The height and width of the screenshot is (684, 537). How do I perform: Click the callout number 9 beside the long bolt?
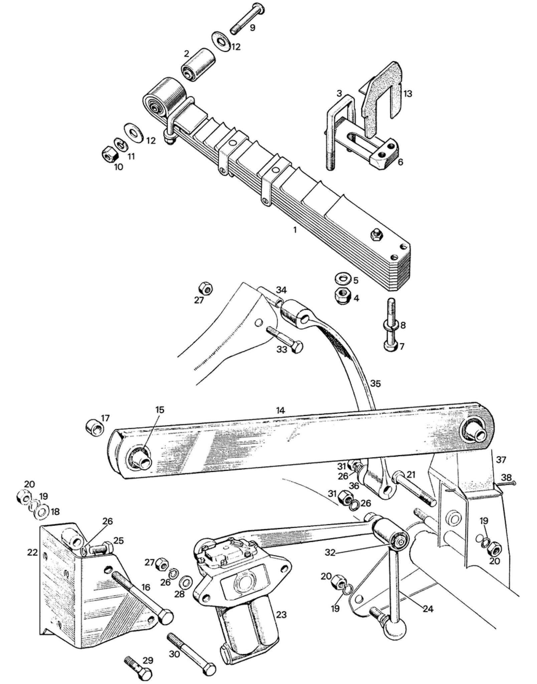pos(252,28)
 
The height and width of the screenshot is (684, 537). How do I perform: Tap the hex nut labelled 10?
pos(109,154)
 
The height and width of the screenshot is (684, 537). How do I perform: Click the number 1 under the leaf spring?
pos(295,230)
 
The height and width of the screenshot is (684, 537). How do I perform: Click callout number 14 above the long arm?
pos(281,410)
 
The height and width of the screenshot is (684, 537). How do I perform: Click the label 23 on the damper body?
pos(282,615)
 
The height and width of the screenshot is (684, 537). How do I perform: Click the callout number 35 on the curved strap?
pos(375,384)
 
